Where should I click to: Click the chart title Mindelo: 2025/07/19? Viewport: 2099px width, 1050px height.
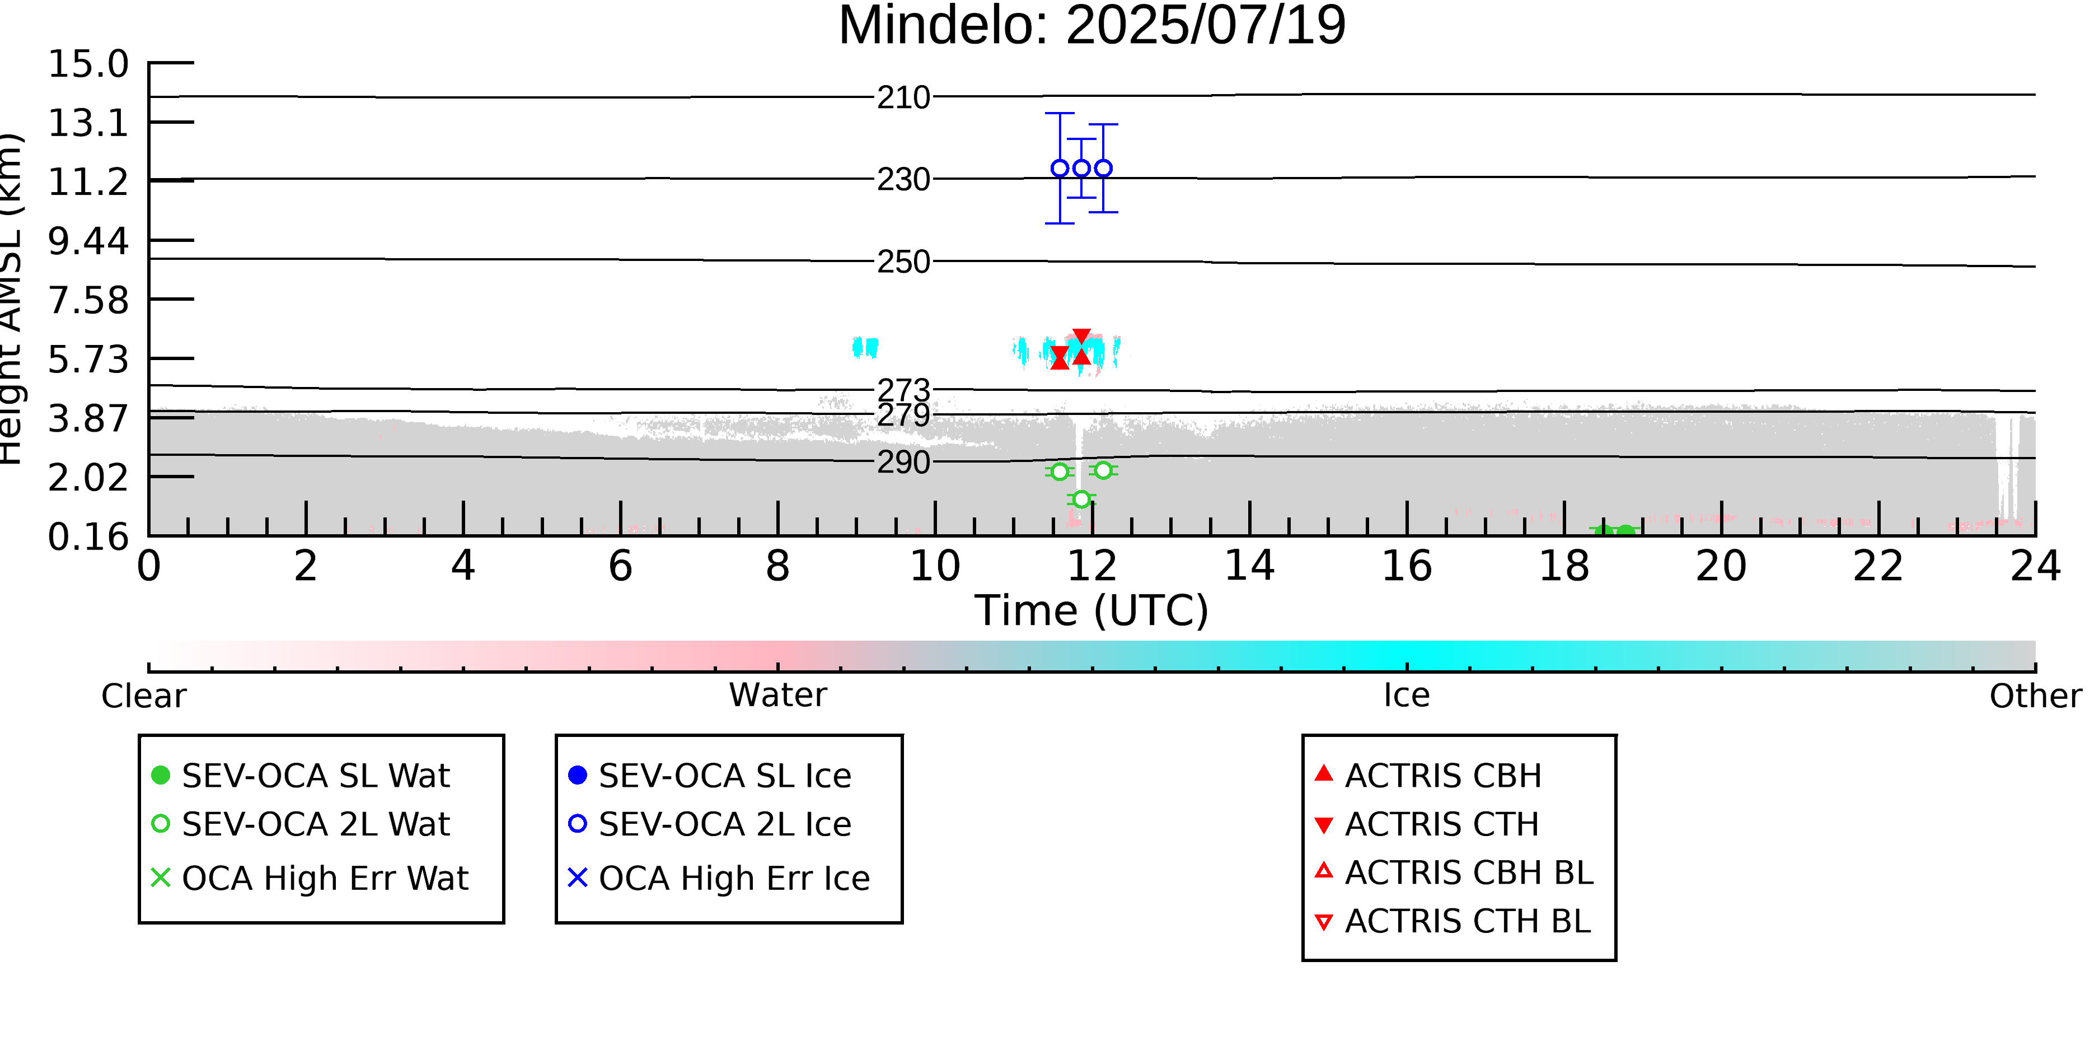[1092, 26]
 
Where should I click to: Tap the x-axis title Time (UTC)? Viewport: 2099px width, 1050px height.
[1092, 610]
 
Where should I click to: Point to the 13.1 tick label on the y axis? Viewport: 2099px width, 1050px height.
[88, 123]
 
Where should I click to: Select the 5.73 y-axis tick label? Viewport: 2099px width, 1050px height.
[88, 360]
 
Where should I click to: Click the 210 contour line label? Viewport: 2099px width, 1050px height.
[903, 98]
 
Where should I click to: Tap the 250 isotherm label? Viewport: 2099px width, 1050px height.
[903, 262]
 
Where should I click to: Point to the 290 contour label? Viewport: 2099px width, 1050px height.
[903, 462]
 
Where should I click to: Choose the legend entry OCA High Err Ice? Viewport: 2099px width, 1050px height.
[719, 878]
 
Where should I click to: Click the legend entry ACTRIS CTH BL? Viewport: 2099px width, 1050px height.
[1453, 921]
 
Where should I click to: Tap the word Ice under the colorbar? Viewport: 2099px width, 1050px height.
[1407, 696]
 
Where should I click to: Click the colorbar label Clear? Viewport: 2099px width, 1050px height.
[143, 696]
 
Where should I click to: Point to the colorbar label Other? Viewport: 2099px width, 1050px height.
[2035, 696]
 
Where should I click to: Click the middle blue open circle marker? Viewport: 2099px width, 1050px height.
[1081, 168]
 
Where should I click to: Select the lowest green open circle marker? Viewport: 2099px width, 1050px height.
[1081, 499]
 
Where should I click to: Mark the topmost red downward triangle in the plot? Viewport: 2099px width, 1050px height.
[1081, 337]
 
